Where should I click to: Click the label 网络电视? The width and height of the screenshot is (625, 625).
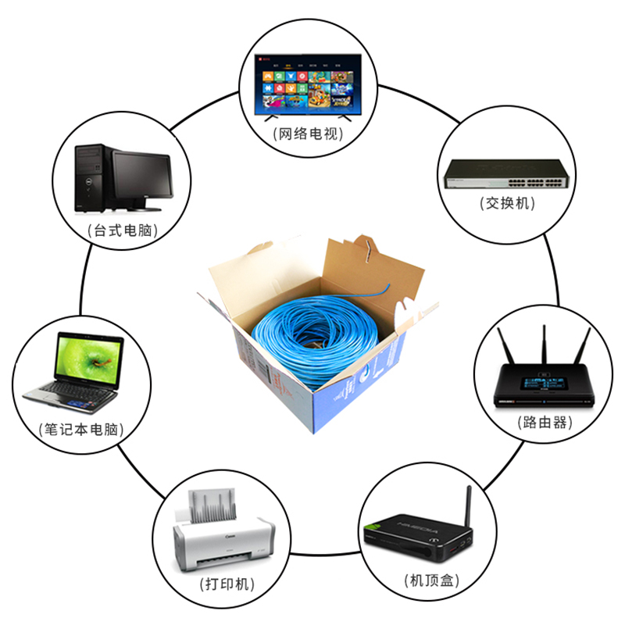pos(310,134)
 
